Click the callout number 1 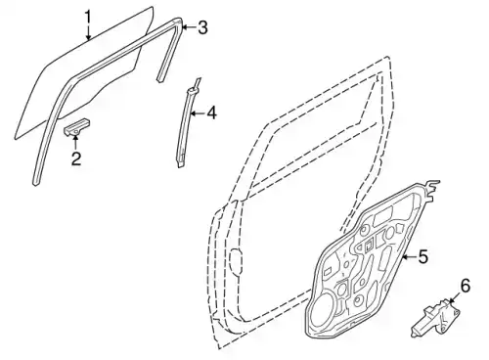coord(88,17)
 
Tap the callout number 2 coord(76,158)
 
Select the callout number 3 coord(202,27)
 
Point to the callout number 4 coord(211,113)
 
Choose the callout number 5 coord(422,256)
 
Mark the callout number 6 coord(466,286)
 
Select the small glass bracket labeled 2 coord(76,126)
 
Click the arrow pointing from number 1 coord(88,32)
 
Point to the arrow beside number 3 coord(189,27)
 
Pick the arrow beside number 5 coord(410,257)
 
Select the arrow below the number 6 coord(454,297)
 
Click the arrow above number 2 coord(75,142)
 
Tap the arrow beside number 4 coord(198,113)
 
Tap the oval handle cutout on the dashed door coord(236,260)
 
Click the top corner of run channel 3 coord(178,21)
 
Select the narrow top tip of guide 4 coord(199,79)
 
